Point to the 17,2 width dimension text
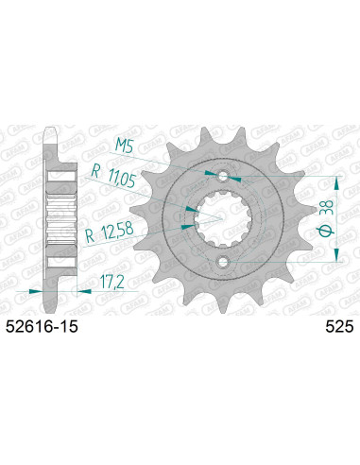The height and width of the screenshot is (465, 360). tap(112, 281)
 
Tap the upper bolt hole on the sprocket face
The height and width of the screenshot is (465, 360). tap(223, 177)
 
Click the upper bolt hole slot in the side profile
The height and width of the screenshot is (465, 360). tap(59, 177)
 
